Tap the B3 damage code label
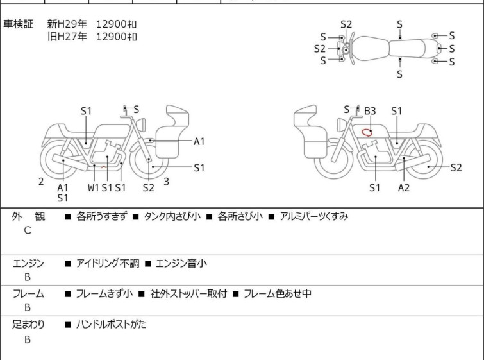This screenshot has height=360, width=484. pos(370,110)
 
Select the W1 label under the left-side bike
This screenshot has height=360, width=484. pos(94,187)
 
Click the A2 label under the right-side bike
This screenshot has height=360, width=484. pos(404,187)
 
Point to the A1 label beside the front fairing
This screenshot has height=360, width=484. pos(199,141)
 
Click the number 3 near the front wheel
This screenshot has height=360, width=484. pos(167,182)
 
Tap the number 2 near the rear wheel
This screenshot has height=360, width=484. pos(41,182)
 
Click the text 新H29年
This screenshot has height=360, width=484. pos(67,24)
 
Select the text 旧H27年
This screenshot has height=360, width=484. pos(67,37)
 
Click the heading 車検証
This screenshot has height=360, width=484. pos(18,24)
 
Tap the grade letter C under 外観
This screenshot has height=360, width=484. pos(28,230)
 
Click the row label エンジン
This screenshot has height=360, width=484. pos(28,263)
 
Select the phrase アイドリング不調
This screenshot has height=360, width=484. pos(108,263)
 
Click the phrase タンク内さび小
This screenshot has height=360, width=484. pos(172,216)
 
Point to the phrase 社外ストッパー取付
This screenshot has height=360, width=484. pos(188,293)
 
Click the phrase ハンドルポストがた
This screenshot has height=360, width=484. pos(111,325)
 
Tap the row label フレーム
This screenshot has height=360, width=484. pos(28,293)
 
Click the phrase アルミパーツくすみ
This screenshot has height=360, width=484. pos(314,216)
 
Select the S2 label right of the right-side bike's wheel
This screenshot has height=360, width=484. pos(456,167)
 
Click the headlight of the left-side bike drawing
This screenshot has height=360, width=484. pos(141,124)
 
